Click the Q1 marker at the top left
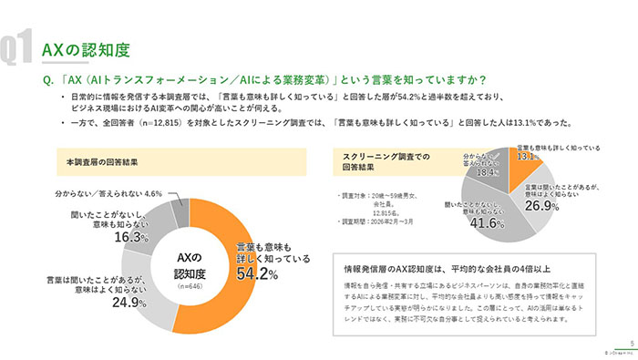(x=17, y=48)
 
